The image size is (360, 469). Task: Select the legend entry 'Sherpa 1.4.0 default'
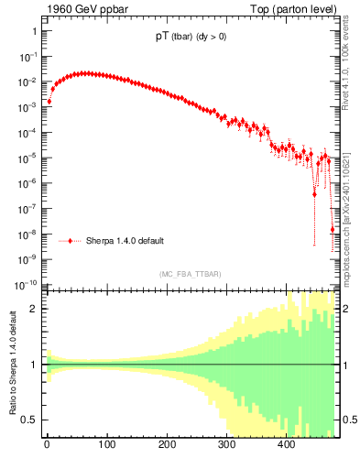click(x=125, y=241)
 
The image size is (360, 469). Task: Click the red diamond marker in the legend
click(x=70, y=241)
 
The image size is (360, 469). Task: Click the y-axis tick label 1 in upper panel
click(x=34, y=31)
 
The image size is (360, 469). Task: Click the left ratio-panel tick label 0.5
click(x=29, y=420)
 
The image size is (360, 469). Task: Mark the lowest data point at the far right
click(x=332, y=229)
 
